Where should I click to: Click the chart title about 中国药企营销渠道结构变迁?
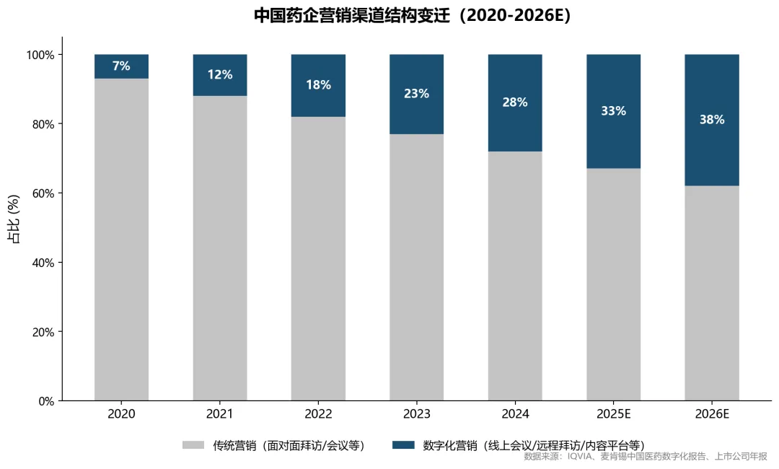point(413,16)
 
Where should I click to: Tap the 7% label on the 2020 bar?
point(121,66)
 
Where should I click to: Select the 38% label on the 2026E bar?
point(711,120)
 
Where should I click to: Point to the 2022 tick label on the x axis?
point(318,414)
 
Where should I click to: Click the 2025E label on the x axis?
point(613,414)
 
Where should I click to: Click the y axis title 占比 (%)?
point(13,219)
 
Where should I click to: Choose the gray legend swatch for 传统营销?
point(193,445)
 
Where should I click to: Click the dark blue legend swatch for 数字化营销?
point(403,445)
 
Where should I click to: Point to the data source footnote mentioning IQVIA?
point(646,457)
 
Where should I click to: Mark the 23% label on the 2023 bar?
point(416,94)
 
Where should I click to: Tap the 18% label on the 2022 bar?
point(318,85)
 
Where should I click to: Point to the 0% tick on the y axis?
point(45,401)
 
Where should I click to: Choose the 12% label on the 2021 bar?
point(220,75)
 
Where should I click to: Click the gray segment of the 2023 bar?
point(416,267)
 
